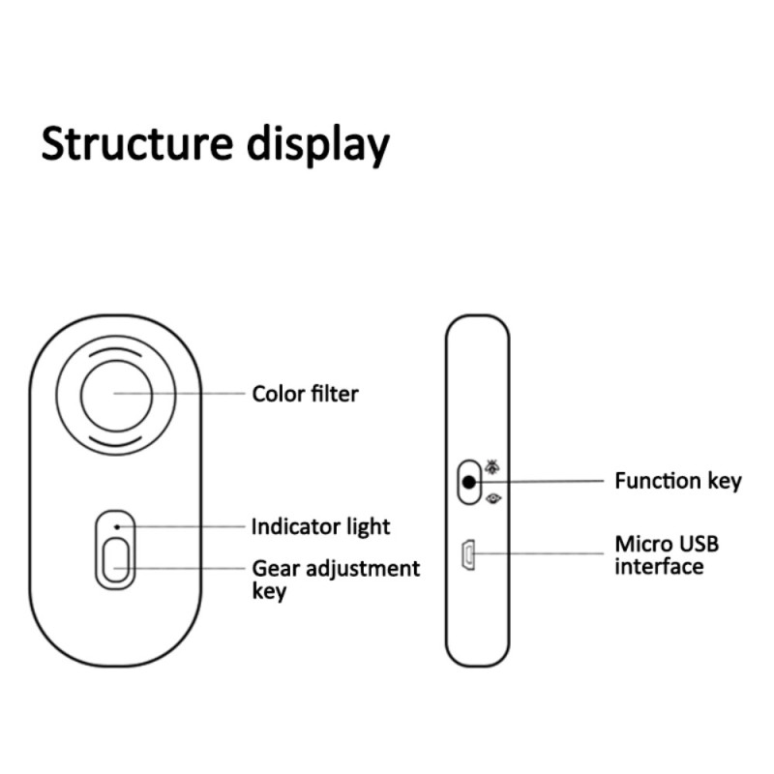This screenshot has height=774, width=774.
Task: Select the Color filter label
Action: pyautogui.click(x=305, y=394)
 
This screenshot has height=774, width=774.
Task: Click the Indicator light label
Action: pyautogui.click(x=320, y=526)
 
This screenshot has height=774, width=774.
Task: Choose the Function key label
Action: pyautogui.click(x=677, y=480)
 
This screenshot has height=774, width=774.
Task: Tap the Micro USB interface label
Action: pyautogui.click(x=667, y=554)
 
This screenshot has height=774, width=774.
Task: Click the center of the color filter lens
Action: pyautogui.click(x=116, y=393)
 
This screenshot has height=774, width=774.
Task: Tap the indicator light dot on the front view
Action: pyautogui.click(x=116, y=526)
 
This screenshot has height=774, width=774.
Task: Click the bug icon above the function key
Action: pyautogui.click(x=493, y=465)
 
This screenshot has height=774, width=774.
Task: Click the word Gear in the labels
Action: pyautogui.click(x=275, y=568)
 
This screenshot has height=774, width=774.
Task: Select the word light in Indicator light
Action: pyautogui.click(x=366, y=526)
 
